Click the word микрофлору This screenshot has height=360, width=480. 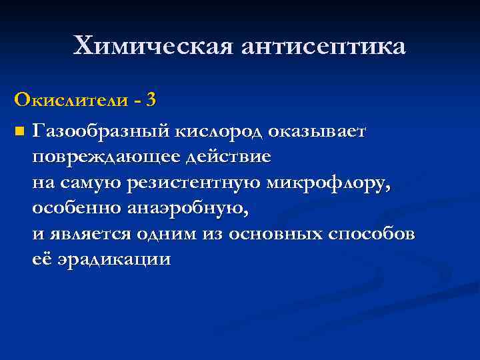339,183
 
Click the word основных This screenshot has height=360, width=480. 276,235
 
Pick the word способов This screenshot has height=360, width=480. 371,235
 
